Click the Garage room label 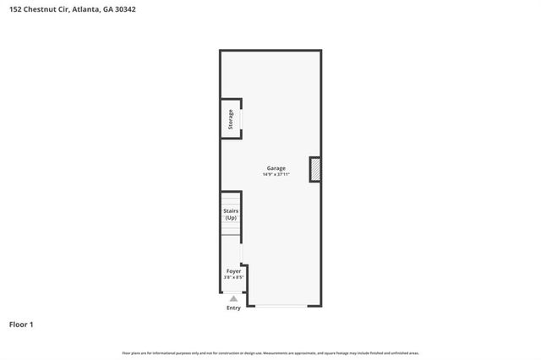[276, 168]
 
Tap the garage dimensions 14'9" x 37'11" [276, 175]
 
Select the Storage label [230, 120]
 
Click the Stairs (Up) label [230, 215]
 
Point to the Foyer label [233, 271]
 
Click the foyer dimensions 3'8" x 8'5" [233, 278]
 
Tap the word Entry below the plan [233, 308]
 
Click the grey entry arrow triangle [233, 298]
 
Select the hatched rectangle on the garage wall [314, 170]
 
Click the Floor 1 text [21, 324]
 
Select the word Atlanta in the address [85, 9]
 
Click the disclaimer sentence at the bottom [270, 352]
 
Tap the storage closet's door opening [242, 120]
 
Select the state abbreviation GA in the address [107, 9]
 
